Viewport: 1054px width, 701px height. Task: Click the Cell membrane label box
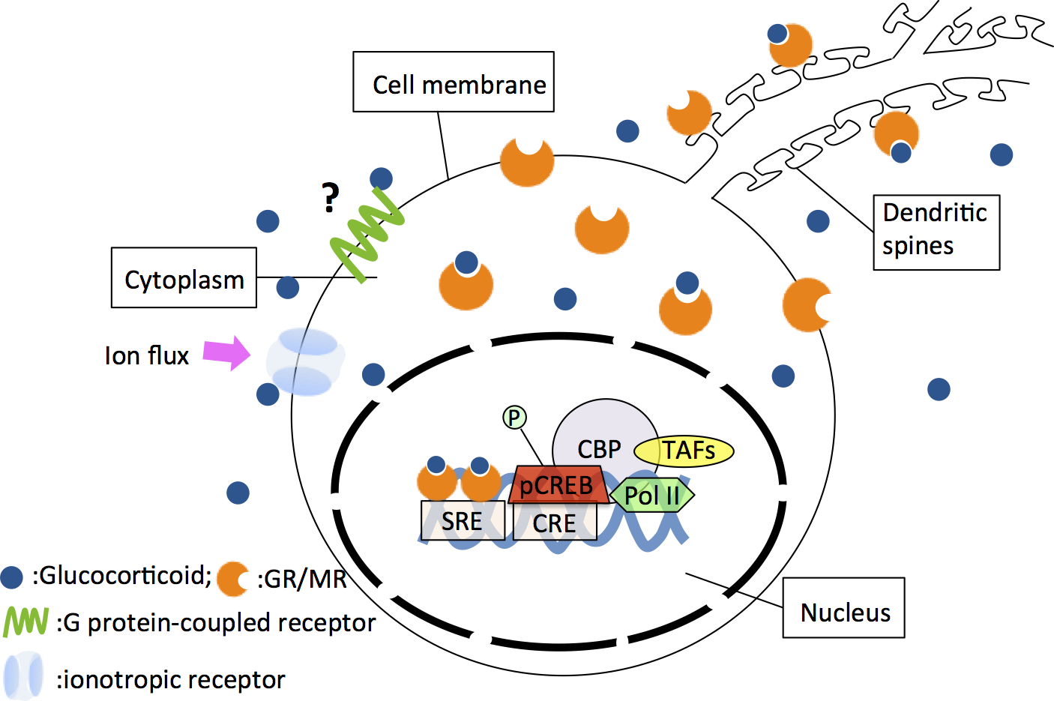click(x=454, y=82)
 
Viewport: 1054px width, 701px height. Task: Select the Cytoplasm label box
click(x=184, y=278)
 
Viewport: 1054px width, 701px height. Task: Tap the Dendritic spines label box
click(x=936, y=232)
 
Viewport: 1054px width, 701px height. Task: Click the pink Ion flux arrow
click(x=226, y=353)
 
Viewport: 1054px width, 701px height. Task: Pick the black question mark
click(x=330, y=198)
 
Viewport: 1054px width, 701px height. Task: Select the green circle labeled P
click(x=514, y=417)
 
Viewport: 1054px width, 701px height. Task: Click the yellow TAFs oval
click(x=684, y=451)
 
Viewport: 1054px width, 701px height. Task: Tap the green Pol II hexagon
click(x=652, y=496)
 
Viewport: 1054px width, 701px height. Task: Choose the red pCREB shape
click(x=557, y=485)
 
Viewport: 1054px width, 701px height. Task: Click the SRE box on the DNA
click(x=463, y=521)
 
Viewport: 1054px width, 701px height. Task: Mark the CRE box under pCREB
click(x=555, y=523)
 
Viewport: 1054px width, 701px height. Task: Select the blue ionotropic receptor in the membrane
click(x=306, y=362)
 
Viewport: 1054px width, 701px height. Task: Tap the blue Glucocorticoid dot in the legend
click(x=12, y=577)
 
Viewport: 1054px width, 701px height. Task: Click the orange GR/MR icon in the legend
click(x=232, y=579)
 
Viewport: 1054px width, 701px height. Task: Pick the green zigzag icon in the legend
click(x=25, y=622)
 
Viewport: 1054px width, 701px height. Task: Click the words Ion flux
click(x=147, y=355)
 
